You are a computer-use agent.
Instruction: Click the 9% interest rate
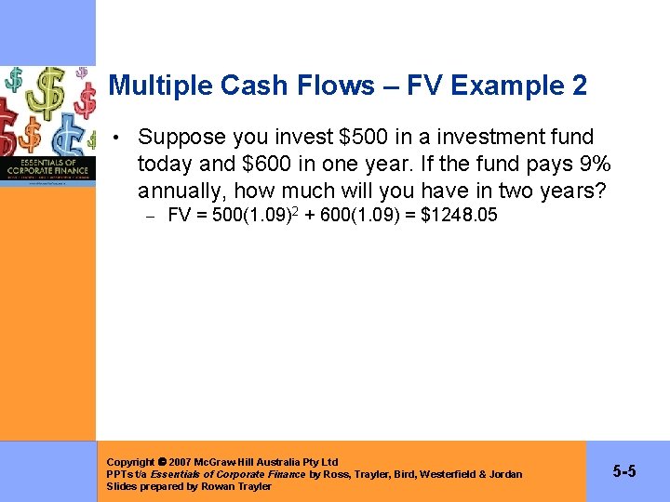point(592,165)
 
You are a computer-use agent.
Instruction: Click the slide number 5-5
point(624,472)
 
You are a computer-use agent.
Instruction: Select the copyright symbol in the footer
point(163,462)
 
